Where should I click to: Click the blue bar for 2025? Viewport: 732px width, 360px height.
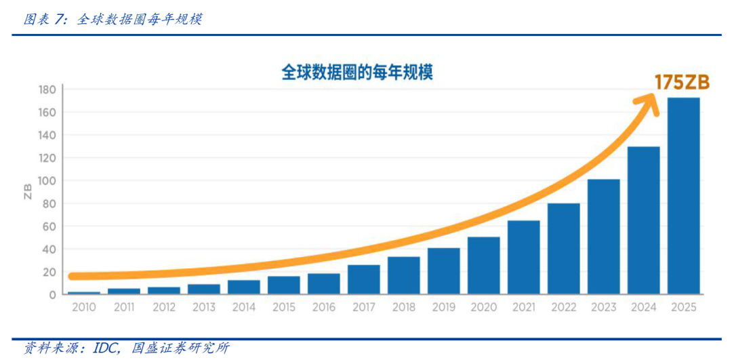pyautogui.click(x=683, y=197)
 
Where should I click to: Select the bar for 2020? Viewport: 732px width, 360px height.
pyautogui.click(x=483, y=266)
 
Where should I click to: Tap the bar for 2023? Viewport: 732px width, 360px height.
pyautogui.click(x=603, y=237)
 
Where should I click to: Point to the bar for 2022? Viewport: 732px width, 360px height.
pyautogui.click(x=563, y=249)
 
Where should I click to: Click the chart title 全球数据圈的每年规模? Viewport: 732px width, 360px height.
pyautogui.click(x=357, y=73)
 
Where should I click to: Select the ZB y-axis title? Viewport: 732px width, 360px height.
pyautogui.click(x=28, y=191)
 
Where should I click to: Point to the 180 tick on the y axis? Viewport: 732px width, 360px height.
pyautogui.click(x=47, y=89)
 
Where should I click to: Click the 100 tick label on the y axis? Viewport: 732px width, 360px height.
pyautogui.click(x=47, y=181)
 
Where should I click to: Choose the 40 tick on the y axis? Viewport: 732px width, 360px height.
pyautogui.click(x=49, y=249)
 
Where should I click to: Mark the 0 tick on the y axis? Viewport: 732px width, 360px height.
pyautogui.click(x=52, y=295)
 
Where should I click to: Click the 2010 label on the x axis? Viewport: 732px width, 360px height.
pyautogui.click(x=83, y=307)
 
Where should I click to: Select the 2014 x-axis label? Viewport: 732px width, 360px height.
pyautogui.click(x=243, y=307)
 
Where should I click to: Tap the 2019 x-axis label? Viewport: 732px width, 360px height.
pyautogui.click(x=443, y=307)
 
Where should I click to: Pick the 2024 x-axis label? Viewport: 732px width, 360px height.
pyautogui.click(x=643, y=307)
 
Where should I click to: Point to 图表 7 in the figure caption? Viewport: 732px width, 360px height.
pyautogui.click(x=45, y=20)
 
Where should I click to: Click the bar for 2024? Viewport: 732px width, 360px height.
pyautogui.click(x=643, y=220)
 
